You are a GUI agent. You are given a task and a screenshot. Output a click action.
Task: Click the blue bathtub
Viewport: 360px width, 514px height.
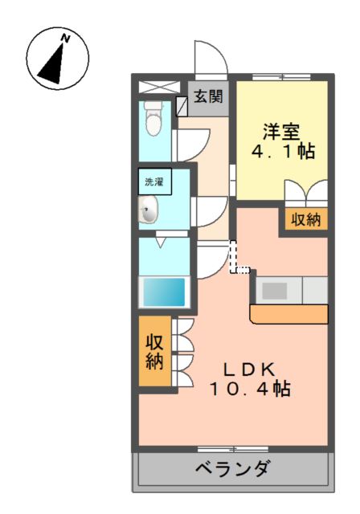pyautogui.click(x=164, y=292)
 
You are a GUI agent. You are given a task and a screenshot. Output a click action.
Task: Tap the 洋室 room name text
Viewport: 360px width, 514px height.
pyautogui.click(x=280, y=128)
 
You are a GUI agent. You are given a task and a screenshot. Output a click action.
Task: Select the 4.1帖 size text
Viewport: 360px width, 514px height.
pyautogui.click(x=280, y=151)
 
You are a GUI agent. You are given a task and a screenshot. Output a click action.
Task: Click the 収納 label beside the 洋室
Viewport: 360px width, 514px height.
pyautogui.click(x=305, y=218)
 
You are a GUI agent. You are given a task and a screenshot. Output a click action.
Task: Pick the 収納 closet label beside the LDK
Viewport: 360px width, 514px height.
pyautogui.click(x=154, y=350)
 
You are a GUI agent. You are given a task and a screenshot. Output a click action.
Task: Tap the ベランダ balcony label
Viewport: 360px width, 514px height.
pyautogui.click(x=232, y=469)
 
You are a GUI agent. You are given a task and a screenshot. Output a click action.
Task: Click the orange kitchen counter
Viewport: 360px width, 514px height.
pyautogui.click(x=288, y=312)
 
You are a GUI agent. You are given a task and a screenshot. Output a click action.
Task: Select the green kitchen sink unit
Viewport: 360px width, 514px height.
pyautogui.click(x=290, y=287)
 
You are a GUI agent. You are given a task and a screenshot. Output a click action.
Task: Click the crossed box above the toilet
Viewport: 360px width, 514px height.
pyautogui.click(x=154, y=87)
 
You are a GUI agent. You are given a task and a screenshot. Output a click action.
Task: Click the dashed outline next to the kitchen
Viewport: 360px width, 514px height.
pyautogui.click(x=238, y=259)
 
